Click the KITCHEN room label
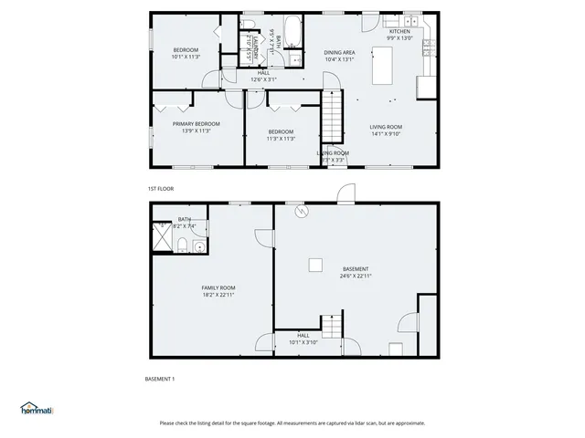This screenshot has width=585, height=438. click(x=399, y=31)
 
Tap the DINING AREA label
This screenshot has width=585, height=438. click(x=339, y=52)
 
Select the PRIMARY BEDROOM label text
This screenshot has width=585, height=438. click(x=197, y=123)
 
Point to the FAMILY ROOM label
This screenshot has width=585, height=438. click(x=218, y=287)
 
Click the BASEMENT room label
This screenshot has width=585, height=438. click(x=356, y=268)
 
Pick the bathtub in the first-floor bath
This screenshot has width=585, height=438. click(x=293, y=30)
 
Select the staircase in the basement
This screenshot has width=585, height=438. click(x=330, y=325)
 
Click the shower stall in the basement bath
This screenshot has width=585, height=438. click(x=163, y=235)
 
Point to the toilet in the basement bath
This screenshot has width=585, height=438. click(x=183, y=243)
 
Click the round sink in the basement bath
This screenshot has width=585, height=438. click(x=199, y=245)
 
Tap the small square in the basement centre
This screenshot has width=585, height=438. click(x=314, y=265)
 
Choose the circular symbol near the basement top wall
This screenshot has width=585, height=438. click(x=303, y=213)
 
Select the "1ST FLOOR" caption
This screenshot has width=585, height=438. click(x=161, y=189)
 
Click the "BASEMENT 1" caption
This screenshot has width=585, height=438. click(x=160, y=379)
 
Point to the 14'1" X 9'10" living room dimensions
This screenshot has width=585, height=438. click(x=386, y=134)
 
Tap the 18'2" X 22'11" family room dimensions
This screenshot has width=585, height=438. click(x=218, y=295)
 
